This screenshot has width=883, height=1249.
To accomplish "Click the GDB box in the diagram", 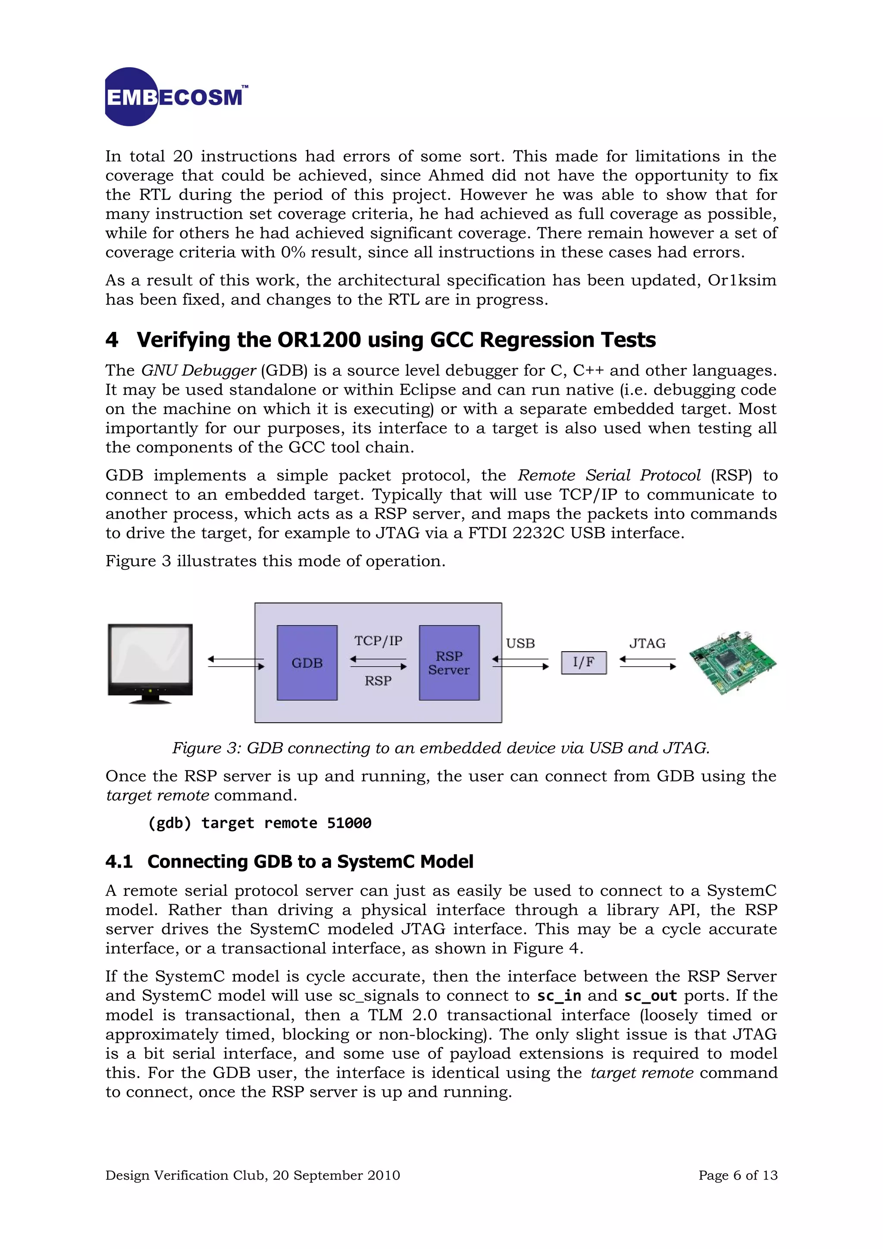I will tap(307, 662).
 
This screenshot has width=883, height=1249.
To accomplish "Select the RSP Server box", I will tap(449, 662).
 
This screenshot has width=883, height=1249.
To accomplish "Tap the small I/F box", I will tap(583, 662).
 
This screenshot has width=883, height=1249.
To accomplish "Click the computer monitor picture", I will tap(150, 662).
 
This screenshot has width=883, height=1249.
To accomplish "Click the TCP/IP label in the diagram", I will tap(378, 641).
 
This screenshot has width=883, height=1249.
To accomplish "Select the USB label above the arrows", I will tap(520, 643).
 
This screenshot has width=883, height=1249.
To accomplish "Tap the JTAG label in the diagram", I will tap(648, 643).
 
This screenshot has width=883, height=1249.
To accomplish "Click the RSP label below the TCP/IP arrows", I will tap(378, 681).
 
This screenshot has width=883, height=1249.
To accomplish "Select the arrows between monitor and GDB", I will tap(235, 662).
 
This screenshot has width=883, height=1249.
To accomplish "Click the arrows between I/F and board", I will tap(648, 662).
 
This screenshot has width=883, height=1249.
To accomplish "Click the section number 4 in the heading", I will tap(112, 340).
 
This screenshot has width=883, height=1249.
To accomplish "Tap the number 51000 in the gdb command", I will tap(349, 823).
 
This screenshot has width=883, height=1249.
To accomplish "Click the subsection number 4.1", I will tap(119, 862).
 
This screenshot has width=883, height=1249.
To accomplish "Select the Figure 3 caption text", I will tap(441, 748).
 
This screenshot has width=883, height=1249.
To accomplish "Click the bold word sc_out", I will tap(650, 996).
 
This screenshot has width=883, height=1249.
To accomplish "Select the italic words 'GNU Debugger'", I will tap(199, 371).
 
